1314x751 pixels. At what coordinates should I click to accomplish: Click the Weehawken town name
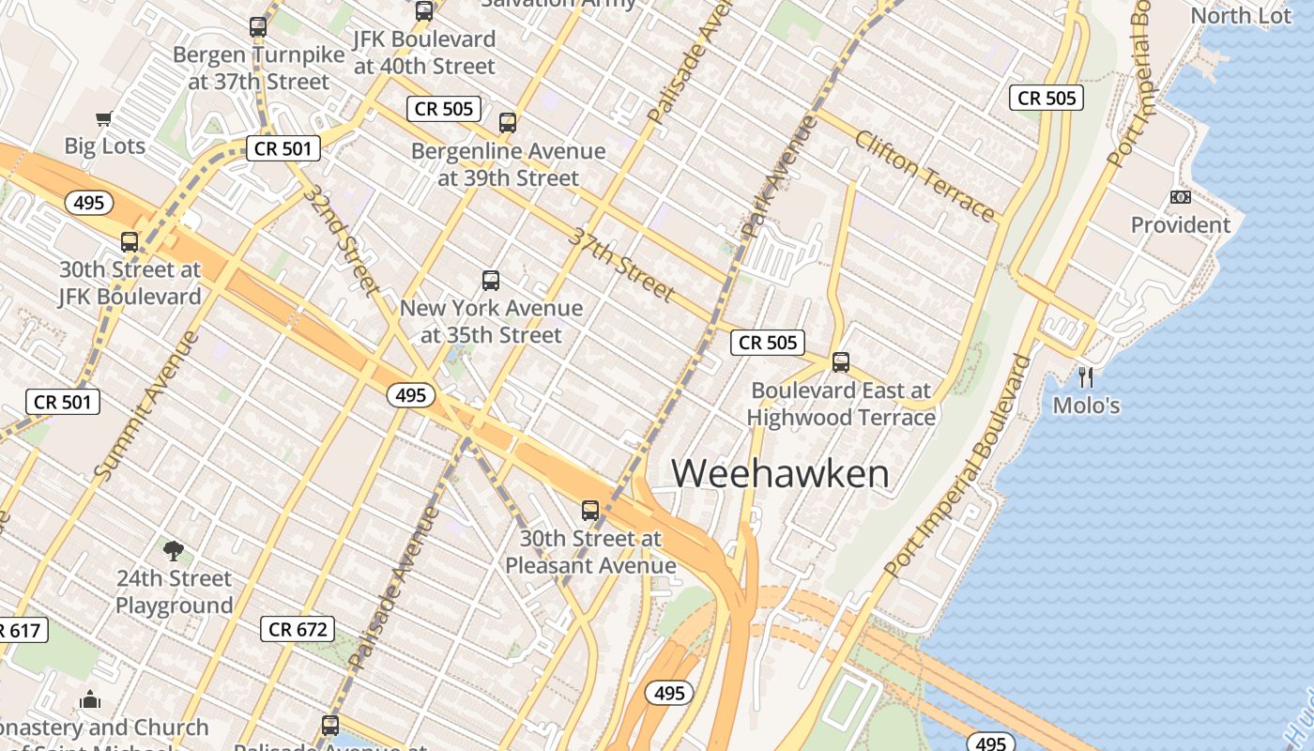coord(780,472)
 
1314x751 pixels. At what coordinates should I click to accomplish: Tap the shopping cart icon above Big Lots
coord(104,119)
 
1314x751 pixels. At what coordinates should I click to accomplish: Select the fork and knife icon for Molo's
coord(1086,377)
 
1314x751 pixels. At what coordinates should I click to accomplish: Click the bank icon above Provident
coord(1180,197)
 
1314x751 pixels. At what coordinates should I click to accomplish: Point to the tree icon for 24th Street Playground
coord(173,550)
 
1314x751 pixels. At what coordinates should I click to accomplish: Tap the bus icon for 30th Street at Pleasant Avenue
coord(590,511)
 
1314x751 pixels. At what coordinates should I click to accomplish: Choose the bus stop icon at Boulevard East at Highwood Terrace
coord(841,362)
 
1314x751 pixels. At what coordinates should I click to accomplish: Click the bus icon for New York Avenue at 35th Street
coord(491,280)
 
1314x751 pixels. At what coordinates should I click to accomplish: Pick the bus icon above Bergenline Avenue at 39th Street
coord(508,123)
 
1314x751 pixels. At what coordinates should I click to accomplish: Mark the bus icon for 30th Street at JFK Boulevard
coord(130,242)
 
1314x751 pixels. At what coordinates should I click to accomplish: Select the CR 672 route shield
coord(298,629)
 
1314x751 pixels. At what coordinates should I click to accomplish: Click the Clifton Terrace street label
coord(924,176)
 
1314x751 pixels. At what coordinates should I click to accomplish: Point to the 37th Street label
coord(620,264)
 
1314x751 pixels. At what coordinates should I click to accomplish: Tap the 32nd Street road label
coord(341,239)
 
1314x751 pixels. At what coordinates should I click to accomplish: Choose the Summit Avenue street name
coord(148,405)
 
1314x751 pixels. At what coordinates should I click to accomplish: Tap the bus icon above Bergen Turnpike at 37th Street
coord(258,27)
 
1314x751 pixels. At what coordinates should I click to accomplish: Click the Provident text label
coord(1180,225)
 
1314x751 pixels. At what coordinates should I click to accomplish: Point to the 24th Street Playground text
coord(174,591)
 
